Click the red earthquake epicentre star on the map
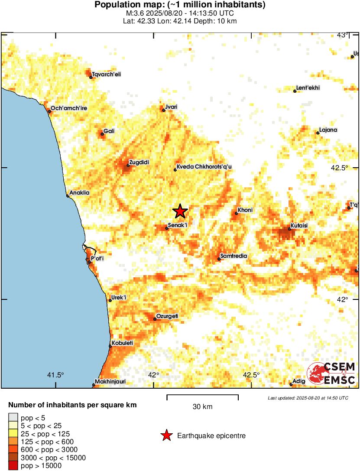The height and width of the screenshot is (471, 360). point(180,211)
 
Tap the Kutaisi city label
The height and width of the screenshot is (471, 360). point(299,225)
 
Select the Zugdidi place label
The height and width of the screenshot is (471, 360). point(139,162)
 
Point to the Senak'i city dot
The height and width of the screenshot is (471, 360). point(167,228)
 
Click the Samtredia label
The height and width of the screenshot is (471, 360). point(234,256)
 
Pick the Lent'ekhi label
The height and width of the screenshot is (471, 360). point(308,88)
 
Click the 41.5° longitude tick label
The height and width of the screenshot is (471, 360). point(55,375)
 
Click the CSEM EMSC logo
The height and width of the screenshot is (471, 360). point(331,374)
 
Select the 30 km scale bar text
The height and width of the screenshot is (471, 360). point(202,407)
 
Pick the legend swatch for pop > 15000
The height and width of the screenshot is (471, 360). point(13,466)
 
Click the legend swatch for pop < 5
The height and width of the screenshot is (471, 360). point(13,418)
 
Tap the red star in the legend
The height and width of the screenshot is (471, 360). point(166,435)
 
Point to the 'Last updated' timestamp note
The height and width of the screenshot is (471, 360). point(308,398)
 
